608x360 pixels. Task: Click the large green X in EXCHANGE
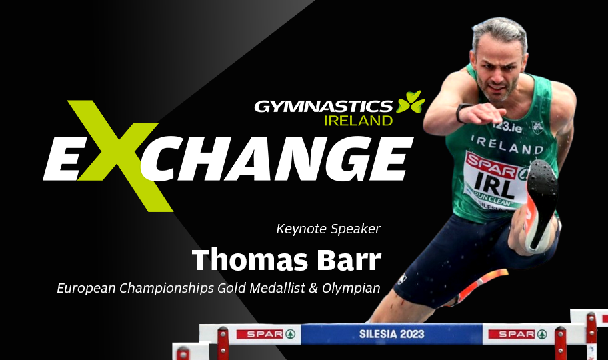(x=118, y=155)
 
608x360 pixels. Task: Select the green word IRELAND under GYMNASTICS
(x=358, y=121)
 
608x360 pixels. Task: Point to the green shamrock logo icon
(x=410, y=102)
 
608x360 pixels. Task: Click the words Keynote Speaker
(x=329, y=229)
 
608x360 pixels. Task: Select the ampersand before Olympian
(x=314, y=288)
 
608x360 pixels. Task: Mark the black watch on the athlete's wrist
(x=461, y=113)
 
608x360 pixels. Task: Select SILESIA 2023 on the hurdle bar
(x=391, y=334)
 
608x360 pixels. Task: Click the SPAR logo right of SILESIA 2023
(x=517, y=334)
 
